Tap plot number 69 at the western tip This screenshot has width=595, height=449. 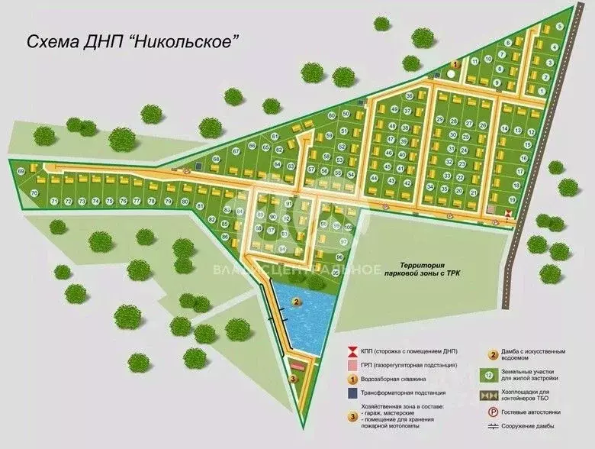point(20,170)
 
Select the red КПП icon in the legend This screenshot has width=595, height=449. point(352,351)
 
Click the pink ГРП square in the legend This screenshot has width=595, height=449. point(352,365)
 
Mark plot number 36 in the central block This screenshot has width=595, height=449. point(410,96)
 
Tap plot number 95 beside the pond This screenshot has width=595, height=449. point(336,271)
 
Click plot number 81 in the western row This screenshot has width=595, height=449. point(200,206)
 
